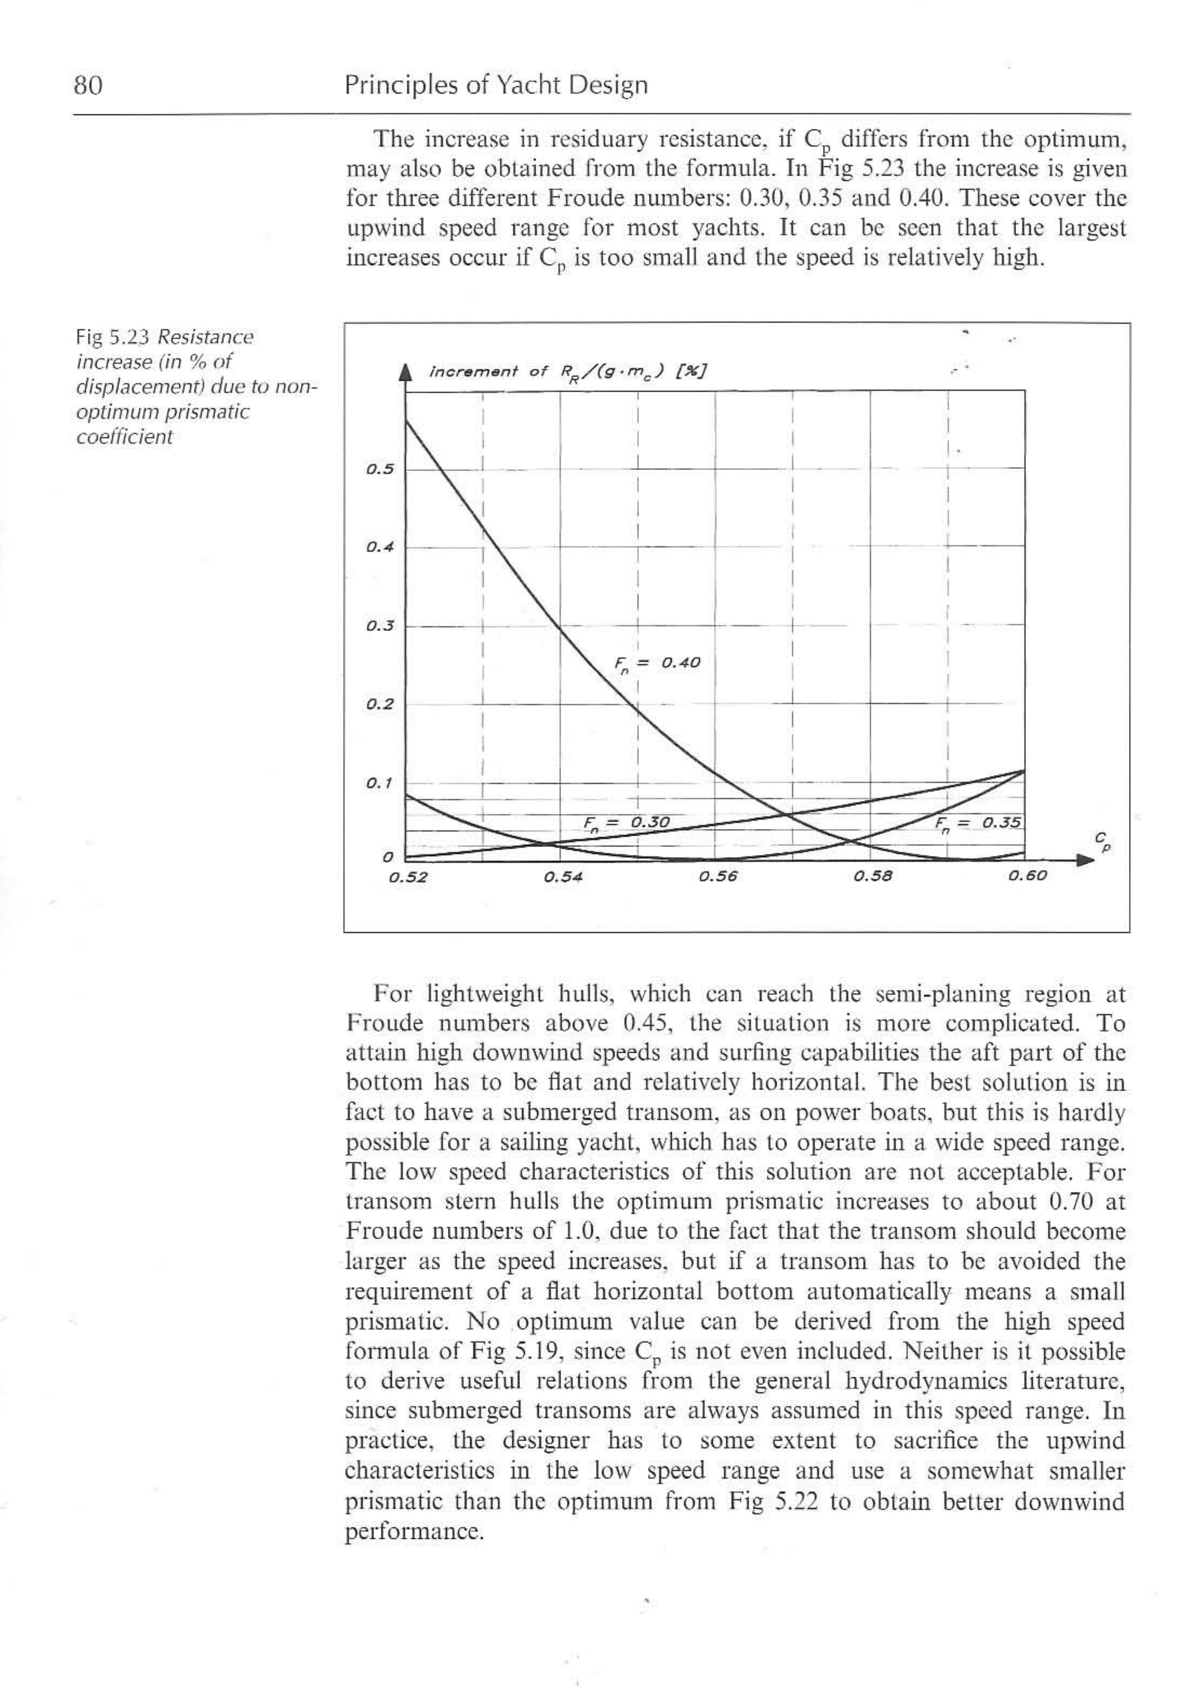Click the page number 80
pyautogui.click(x=87, y=86)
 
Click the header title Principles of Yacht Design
pyautogui.click(x=496, y=86)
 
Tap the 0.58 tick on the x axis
pyautogui.click(x=873, y=877)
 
